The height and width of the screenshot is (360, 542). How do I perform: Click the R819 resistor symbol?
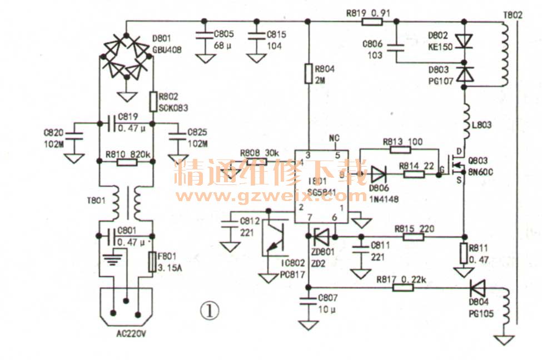click(x=371, y=22)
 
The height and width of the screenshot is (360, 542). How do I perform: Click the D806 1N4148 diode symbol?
click(x=379, y=174)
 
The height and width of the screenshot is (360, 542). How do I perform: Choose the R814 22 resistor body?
click(x=414, y=174)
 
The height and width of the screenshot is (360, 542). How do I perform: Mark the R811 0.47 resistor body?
click(x=464, y=253)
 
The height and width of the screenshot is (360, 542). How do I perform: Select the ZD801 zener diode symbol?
click(x=319, y=237)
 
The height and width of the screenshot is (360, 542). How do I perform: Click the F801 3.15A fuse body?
click(x=153, y=262)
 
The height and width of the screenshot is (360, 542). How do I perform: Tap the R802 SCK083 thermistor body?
click(x=154, y=101)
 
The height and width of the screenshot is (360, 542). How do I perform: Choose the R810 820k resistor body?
click(x=127, y=162)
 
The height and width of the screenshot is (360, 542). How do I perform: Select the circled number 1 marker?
click(x=210, y=311)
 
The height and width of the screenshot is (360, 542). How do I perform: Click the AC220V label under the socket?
click(x=127, y=334)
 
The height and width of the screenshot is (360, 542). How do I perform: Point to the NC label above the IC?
click(x=334, y=138)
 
